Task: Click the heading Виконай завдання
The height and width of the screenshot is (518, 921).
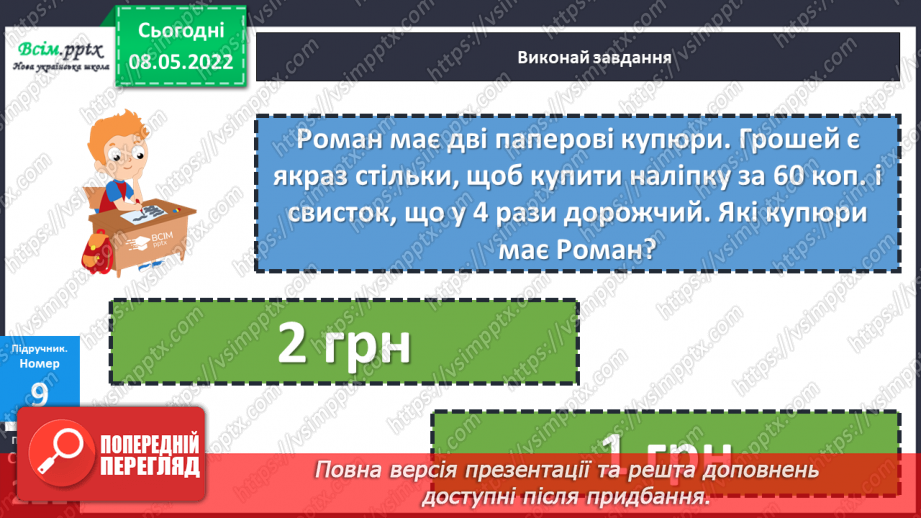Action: pyautogui.click(x=581, y=55)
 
